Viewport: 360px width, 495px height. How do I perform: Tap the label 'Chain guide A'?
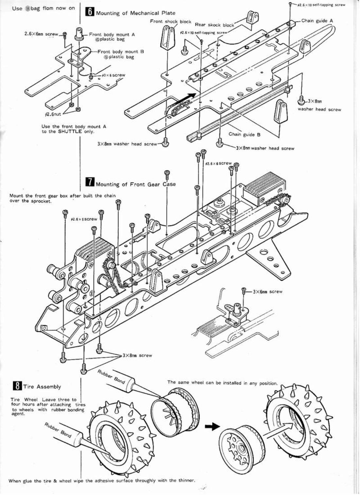317,21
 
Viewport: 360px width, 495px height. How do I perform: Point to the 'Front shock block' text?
171,21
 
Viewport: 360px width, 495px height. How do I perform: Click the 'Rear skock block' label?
215,25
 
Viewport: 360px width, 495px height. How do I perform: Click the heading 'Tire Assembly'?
42,387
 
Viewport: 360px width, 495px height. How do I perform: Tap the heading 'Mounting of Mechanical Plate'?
135,13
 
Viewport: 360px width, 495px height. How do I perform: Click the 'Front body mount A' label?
112,34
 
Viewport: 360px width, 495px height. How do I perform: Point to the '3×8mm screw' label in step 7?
137,355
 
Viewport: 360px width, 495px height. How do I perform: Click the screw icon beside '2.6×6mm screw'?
65,34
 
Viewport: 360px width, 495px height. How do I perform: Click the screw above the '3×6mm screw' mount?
243,290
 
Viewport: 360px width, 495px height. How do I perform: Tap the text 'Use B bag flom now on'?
44,8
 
